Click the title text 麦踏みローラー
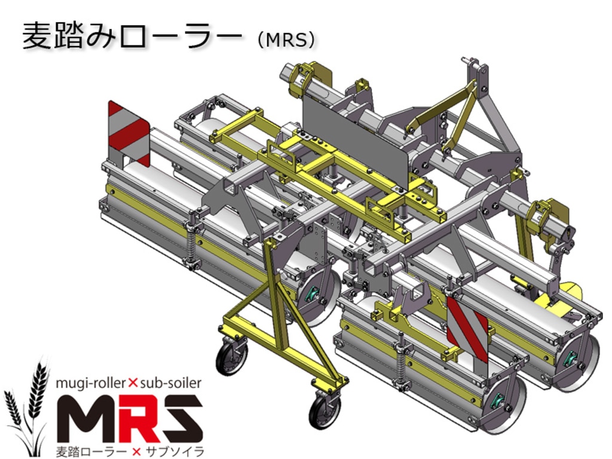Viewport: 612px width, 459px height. tap(132, 36)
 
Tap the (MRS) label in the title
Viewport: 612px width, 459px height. tap(286, 39)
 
